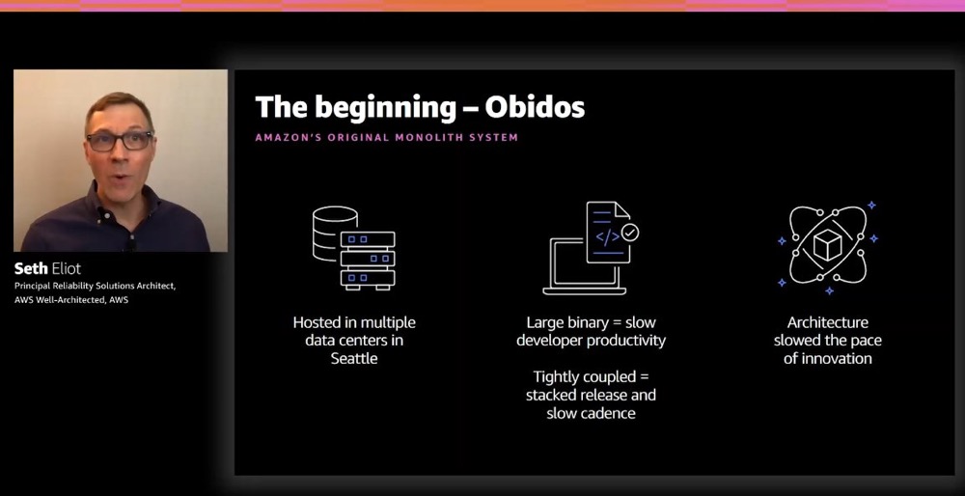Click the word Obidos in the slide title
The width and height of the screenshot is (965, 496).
coord(535,106)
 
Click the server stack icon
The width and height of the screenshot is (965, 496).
coord(368,260)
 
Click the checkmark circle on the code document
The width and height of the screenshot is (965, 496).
coord(629,232)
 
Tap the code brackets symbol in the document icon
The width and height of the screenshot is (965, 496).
coord(607,237)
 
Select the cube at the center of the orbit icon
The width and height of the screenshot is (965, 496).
coord(827,245)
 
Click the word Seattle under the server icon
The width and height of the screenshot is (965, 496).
coord(354,358)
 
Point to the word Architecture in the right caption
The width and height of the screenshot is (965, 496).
coord(828,322)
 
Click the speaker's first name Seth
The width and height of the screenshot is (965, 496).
coord(30,269)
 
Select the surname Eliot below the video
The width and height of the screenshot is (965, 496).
coord(66,269)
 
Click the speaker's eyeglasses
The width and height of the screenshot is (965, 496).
coord(120,141)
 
